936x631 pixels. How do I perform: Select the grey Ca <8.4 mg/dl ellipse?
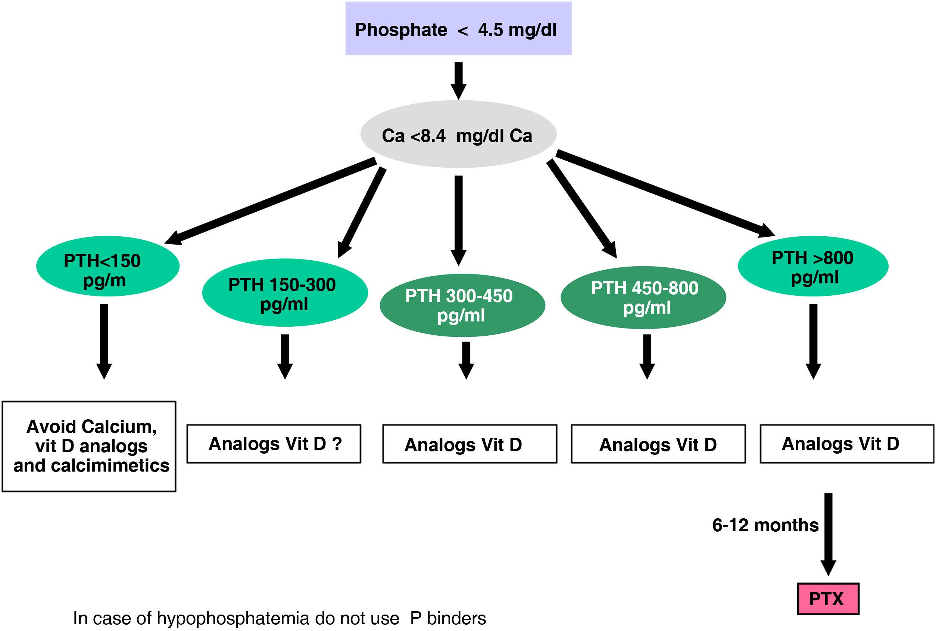point(458,134)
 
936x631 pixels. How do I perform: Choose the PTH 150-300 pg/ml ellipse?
point(285,293)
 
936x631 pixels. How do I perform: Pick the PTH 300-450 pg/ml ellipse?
point(462,305)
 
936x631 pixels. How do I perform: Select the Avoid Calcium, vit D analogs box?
point(89,446)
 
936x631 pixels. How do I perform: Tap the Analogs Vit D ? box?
point(274,444)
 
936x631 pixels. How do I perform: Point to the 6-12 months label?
point(765,525)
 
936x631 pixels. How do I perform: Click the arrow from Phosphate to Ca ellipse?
point(458,81)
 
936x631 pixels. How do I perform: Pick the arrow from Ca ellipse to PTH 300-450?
point(458,220)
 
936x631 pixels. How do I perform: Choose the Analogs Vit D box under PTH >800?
point(847,444)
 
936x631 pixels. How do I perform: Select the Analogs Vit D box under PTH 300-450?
point(469,444)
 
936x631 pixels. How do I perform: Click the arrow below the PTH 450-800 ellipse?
point(647,357)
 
